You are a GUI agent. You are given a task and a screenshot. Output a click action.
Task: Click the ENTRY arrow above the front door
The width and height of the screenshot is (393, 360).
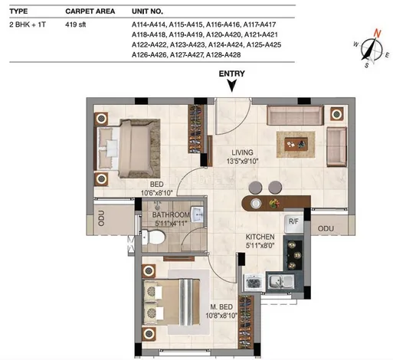[232, 86]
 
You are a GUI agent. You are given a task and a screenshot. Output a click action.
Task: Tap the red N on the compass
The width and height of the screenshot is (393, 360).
[377, 34]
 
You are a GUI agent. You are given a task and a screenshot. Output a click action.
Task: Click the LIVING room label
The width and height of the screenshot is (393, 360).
[242, 152]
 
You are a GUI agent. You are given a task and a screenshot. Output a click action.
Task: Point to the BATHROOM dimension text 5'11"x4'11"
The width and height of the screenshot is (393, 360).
[171, 224]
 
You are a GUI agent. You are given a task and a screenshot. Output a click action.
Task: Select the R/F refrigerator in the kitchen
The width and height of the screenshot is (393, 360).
[293, 224]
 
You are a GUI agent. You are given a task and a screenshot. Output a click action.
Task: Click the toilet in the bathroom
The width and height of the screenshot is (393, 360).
[153, 237]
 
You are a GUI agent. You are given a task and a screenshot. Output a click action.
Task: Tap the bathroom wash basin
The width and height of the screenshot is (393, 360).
[197, 214]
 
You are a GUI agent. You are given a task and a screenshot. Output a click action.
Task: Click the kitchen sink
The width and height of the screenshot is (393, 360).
[280, 282]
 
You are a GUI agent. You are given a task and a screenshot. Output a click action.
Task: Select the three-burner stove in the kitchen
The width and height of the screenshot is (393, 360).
[294, 255]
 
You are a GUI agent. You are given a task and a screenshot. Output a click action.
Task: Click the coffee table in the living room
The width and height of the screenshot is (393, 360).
[296, 144]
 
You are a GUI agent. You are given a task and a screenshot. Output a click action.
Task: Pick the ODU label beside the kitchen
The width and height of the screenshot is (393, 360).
[326, 228]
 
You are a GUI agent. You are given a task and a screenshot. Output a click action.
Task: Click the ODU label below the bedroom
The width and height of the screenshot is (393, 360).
[101, 218]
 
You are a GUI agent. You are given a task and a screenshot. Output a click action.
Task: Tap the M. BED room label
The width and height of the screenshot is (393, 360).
[221, 306]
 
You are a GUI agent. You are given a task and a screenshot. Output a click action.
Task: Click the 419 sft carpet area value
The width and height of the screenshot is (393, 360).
[76, 25]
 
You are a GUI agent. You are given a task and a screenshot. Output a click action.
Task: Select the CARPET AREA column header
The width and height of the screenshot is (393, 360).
[90, 11]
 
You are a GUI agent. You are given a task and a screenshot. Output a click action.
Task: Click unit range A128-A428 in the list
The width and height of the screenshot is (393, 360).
[223, 55]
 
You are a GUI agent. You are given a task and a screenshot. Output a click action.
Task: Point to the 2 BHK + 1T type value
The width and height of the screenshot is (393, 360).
[28, 25]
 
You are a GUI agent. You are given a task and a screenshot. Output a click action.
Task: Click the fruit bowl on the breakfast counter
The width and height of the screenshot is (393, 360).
[274, 203]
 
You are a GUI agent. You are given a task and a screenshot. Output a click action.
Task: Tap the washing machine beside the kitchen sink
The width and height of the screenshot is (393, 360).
[254, 283]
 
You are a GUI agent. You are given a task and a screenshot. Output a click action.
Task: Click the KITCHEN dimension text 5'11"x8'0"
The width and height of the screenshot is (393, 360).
[260, 246]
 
